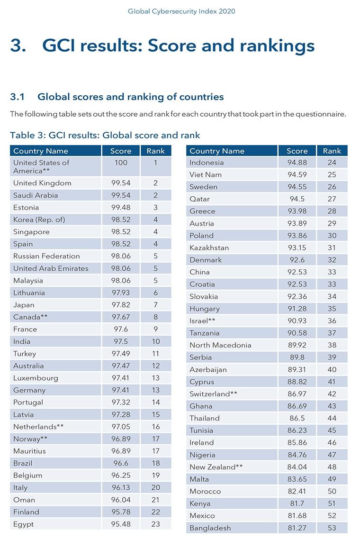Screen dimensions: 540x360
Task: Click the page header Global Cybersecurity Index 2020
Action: [181, 11]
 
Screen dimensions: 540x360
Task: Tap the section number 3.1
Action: [18, 97]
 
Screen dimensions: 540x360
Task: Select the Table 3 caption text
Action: [105, 135]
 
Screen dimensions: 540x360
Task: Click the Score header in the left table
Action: [121, 151]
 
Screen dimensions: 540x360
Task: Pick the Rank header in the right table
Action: [332, 151]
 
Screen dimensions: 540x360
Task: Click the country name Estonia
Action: [26, 207]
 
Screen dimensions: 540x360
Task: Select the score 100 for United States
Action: [121, 163]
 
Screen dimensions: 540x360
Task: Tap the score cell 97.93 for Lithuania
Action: [121, 293]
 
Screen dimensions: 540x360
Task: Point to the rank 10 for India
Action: [155, 341]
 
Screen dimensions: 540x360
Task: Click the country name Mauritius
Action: [29, 451]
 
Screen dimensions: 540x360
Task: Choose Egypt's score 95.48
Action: [121, 524]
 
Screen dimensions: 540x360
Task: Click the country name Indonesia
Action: [207, 163]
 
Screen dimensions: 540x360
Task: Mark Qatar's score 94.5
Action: [297, 199]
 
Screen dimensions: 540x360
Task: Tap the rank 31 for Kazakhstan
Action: [332, 248]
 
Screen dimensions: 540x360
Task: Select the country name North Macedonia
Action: [220, 345]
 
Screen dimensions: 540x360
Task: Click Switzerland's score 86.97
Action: [297, 394]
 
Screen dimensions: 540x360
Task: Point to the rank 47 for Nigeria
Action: [332, 455]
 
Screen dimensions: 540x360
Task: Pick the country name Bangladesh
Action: [210, 528]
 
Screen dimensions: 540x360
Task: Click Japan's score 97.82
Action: [121, 305]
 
